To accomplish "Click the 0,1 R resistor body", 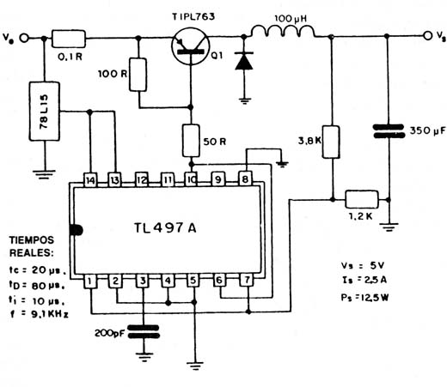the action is tap(69, 39).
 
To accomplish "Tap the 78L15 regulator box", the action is tap(45, 112).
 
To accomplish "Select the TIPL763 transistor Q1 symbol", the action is tap(190, 46).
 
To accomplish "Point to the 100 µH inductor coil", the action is tap(283, 31).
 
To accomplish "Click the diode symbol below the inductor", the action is tap(244, 61).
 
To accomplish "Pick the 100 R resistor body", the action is tap(138, 75).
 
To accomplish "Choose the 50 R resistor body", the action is tap(191, 141).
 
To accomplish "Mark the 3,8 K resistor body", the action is tap(331, 142).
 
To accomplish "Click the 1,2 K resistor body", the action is tap(362, 199).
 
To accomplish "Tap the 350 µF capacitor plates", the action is tap(389, 131).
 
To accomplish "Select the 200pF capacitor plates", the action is tap(144, 332).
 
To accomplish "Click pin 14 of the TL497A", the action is tap(90, 180).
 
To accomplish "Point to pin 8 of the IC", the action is tap(246, 179).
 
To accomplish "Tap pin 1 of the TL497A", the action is tap(90, 281).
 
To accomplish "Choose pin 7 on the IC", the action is tap(247, 280).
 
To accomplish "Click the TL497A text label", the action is tap(165, 228).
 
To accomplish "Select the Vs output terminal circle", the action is tap(428, 36).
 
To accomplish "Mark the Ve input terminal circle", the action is tap(24, 38).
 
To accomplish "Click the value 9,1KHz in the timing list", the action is tap(49, 314).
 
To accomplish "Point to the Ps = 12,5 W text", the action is tap(364, 298).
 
